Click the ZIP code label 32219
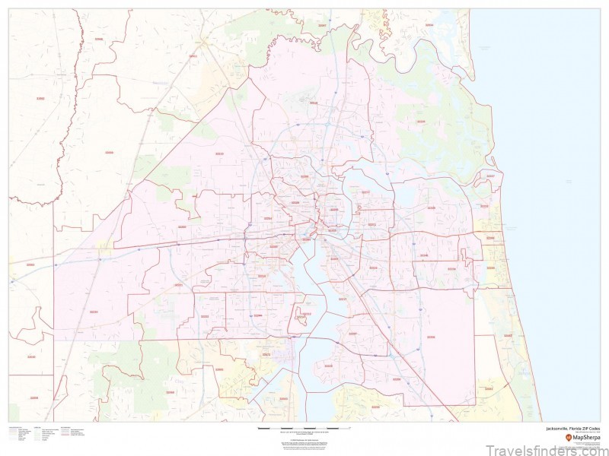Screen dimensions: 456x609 point(220,154)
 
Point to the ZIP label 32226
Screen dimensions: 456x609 point(421,122)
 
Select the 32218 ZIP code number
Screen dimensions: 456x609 point(313,103)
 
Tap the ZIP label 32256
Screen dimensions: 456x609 point(431,337)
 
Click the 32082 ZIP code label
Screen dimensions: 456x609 point(508,335)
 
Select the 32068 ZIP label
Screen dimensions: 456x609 point(171,392)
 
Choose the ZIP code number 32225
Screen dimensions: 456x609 point(431,207)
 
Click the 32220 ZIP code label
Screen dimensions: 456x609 point(181,226)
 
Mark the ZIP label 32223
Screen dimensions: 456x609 point(329,366)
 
